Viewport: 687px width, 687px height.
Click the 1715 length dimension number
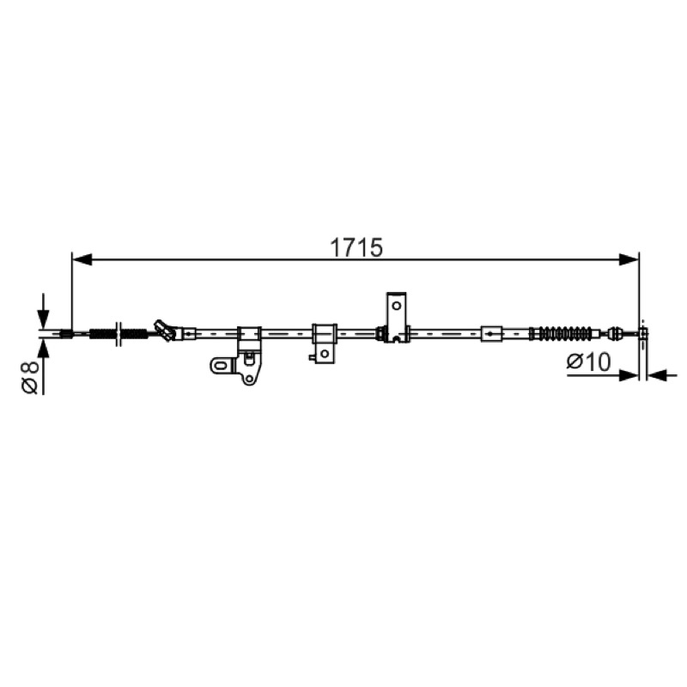point(356,247)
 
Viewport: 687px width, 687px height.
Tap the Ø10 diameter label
point(588,362)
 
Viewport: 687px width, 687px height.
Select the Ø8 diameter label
point(31,377)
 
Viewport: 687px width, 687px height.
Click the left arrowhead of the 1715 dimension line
point(82,259)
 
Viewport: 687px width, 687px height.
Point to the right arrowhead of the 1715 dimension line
point(629,259)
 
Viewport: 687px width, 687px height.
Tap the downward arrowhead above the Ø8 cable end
point(43,319)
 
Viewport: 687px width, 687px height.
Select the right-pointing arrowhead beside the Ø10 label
point(629,375)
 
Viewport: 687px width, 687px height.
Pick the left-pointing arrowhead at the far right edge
point(657,375)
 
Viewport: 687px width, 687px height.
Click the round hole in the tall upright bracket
point(397,306)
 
